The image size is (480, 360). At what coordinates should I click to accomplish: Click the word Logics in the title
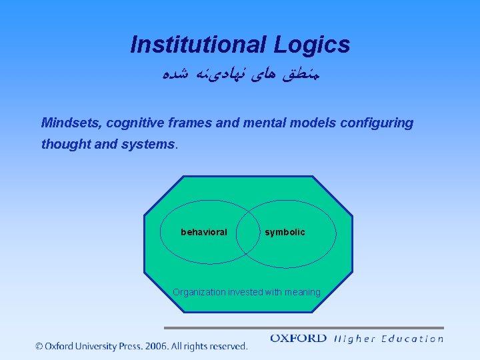(x=311, y=45)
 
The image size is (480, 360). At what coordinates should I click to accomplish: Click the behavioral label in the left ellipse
(x=203, y=232)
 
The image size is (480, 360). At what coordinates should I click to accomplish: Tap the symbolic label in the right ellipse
(x=285, y=232)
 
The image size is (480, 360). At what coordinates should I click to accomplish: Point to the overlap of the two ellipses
(x=248, y=232)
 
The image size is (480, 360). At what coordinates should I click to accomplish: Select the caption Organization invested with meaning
(x=246, y=292)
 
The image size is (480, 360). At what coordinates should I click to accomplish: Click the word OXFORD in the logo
(x=298, y=339)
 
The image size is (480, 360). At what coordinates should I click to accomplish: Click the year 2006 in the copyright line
(x=153, y=346)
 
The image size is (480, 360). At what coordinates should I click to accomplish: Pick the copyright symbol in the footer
(x=39, y=346)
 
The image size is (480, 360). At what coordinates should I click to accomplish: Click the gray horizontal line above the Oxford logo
(x=303, y=328)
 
